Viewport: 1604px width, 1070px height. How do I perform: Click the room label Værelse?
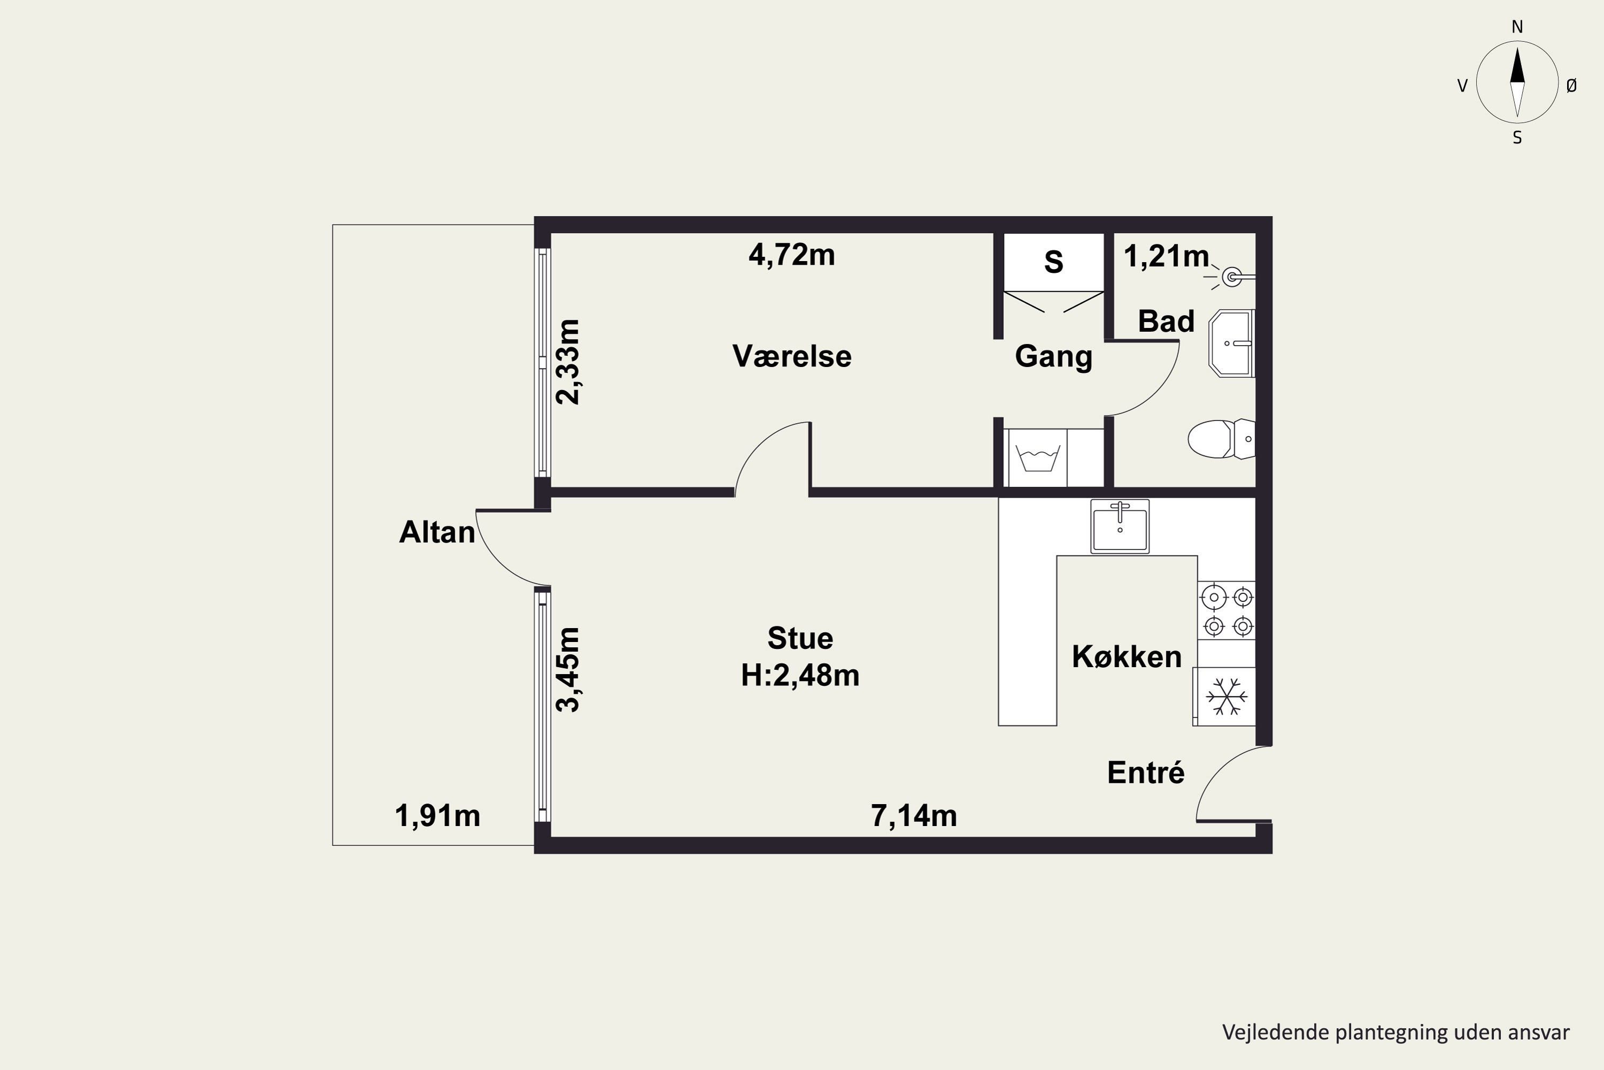[x=792, y=356]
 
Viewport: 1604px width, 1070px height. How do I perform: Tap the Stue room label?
[x=800, y=638]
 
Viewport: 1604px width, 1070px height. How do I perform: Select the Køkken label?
[x=1127, y=656]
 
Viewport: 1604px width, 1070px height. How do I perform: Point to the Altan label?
[x=437, y=532]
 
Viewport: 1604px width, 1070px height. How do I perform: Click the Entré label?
[x=1146, y=773]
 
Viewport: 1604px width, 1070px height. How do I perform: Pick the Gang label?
[x=1054, y=357]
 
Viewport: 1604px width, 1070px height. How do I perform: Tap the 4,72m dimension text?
[x=792, y=255]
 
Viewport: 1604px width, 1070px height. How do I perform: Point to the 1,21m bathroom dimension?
[x=1166, y=257]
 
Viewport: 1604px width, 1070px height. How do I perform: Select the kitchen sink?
[x=1120, y=526]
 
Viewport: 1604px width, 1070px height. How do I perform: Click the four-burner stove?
[x=1227, y=611]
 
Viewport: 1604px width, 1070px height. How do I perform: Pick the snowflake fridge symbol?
[x=1225, y=697]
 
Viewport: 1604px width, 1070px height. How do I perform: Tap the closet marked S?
[x=1054, y=262]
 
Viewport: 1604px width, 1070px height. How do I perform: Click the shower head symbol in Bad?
[x=1232, y=277]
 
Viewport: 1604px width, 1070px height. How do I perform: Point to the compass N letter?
[x=1517, y=27]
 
